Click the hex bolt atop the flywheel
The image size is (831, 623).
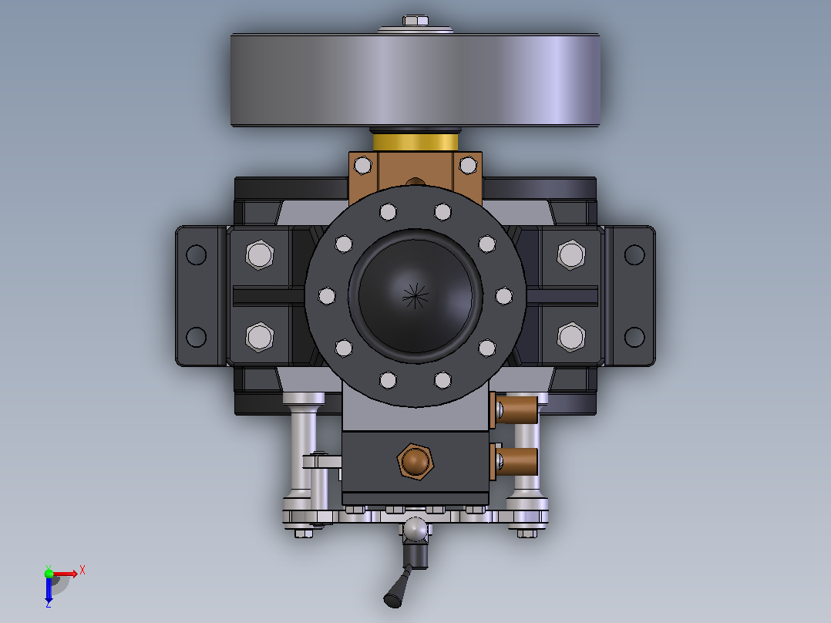point(415,21)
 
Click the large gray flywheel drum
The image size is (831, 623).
point(415,80)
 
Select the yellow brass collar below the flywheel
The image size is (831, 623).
point(415,142)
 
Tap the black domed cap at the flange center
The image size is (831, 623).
point(415,296)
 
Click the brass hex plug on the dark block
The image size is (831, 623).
point(415,461)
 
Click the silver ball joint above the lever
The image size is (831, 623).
point(415,530)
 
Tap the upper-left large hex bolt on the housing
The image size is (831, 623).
point(260,254)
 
